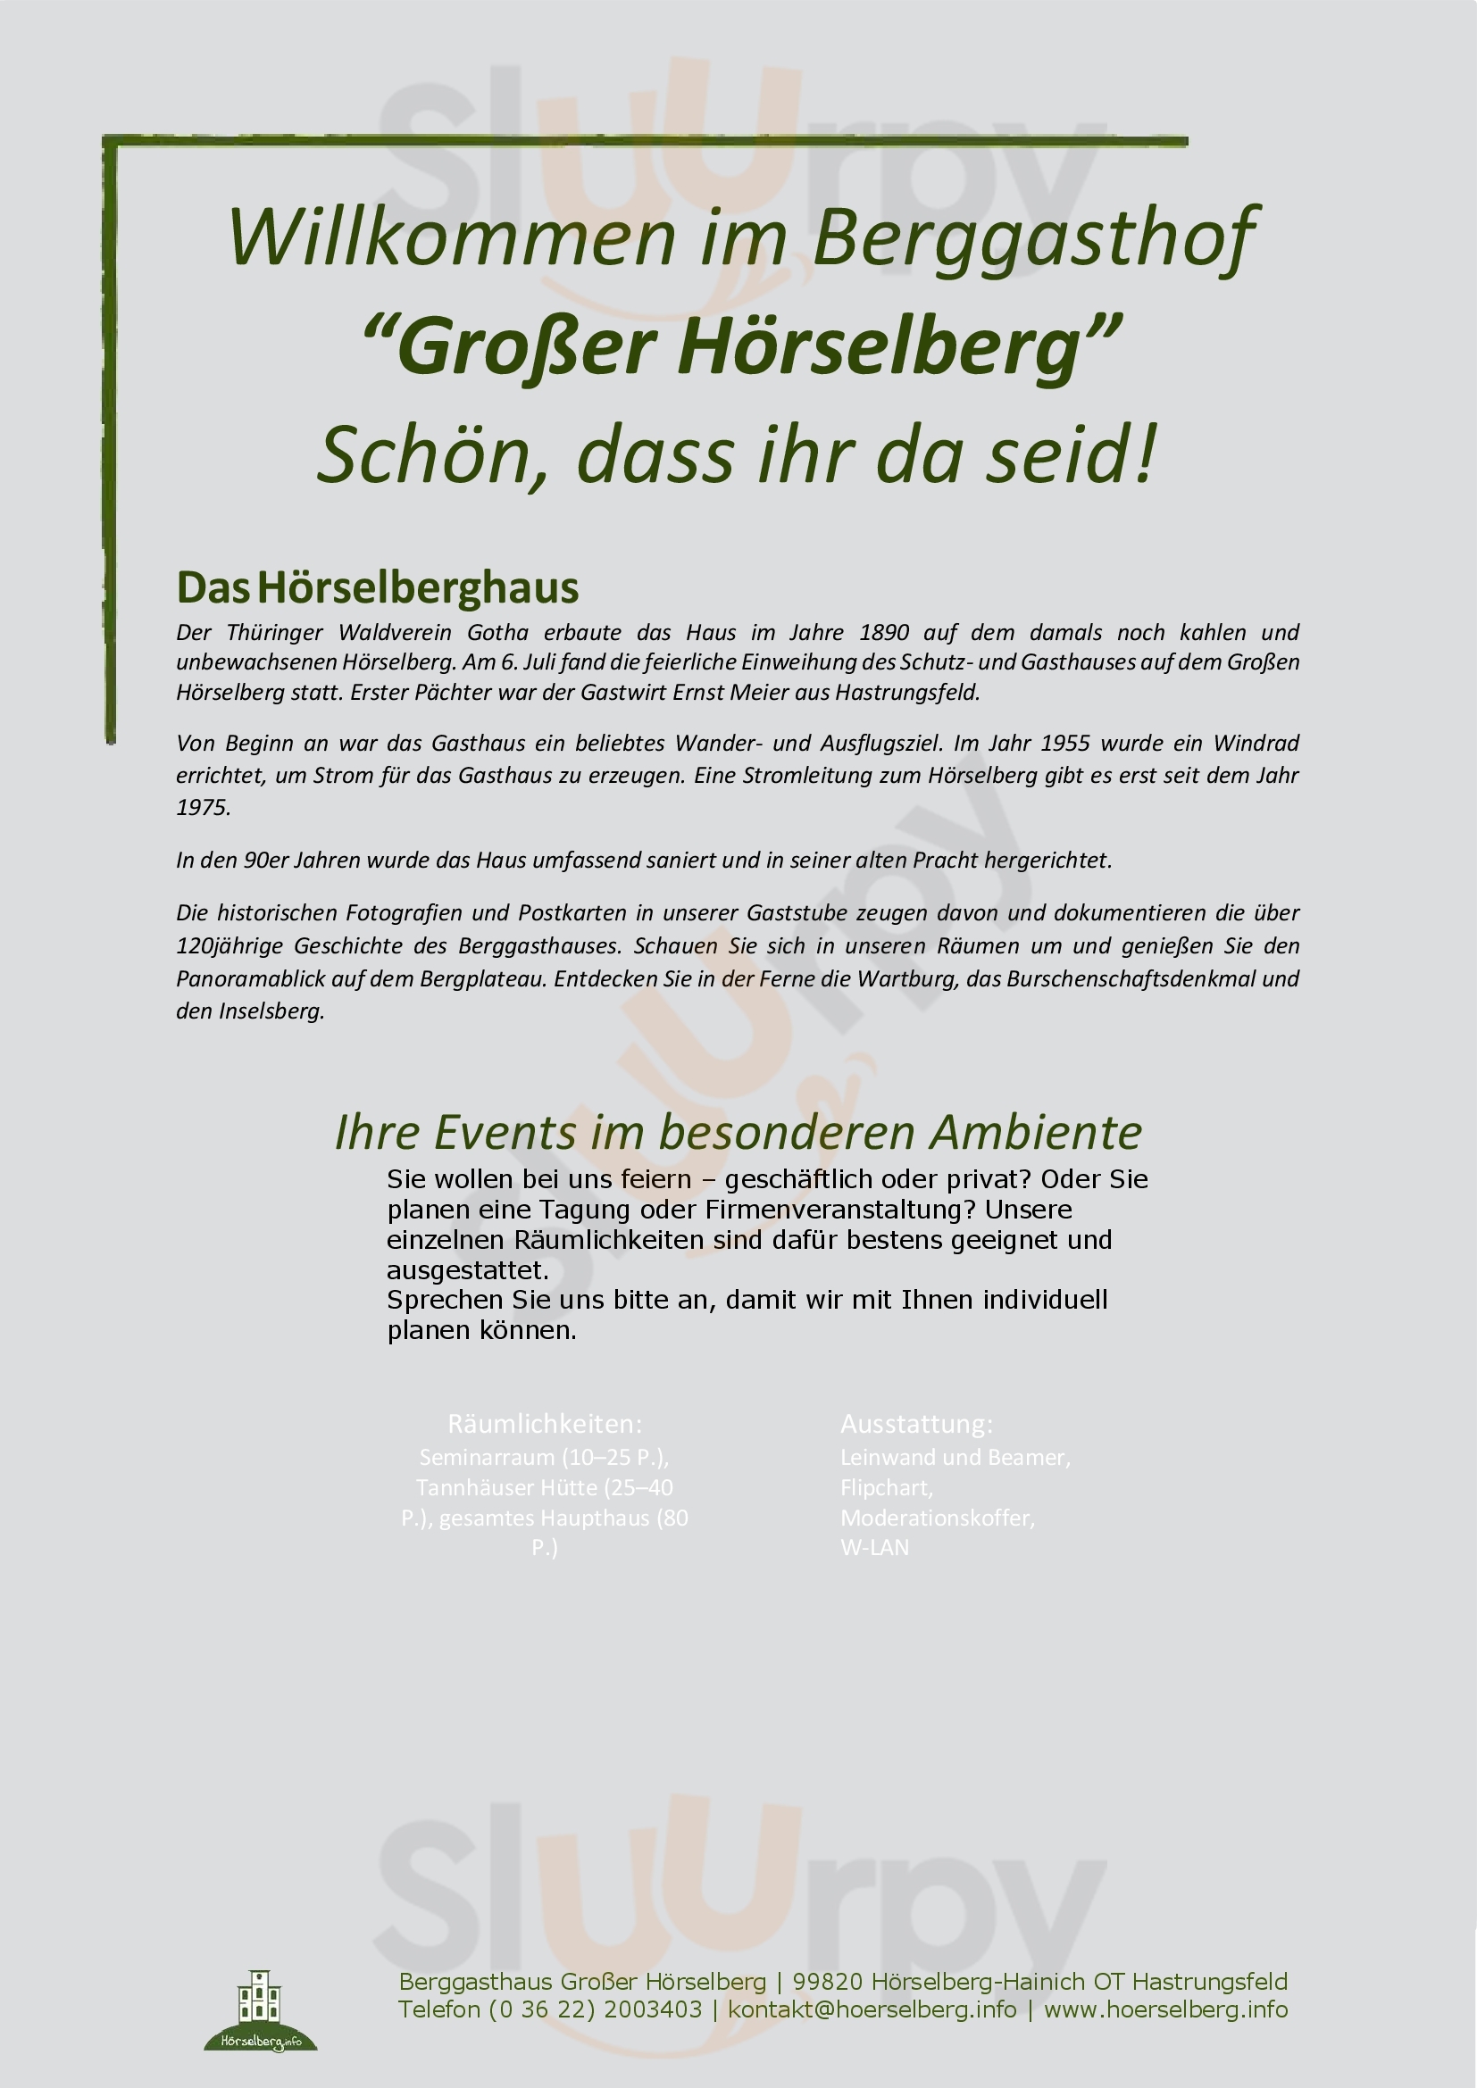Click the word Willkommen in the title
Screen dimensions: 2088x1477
click(451, 238)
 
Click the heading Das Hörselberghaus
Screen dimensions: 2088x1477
click(378, 587)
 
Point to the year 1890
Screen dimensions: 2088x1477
click(884, 632)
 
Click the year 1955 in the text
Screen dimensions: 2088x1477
click(1065, 743)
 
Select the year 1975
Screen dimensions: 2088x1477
click(202, 808)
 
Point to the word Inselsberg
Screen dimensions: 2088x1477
click(271, 1011)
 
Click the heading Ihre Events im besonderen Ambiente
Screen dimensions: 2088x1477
click(738, 1132)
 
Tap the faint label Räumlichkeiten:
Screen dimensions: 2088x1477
click(545, 1423)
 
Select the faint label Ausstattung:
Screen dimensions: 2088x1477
click(916, 1423)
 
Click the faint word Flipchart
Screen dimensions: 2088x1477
click(885, 1488)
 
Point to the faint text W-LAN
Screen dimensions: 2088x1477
click(874, 1548)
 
